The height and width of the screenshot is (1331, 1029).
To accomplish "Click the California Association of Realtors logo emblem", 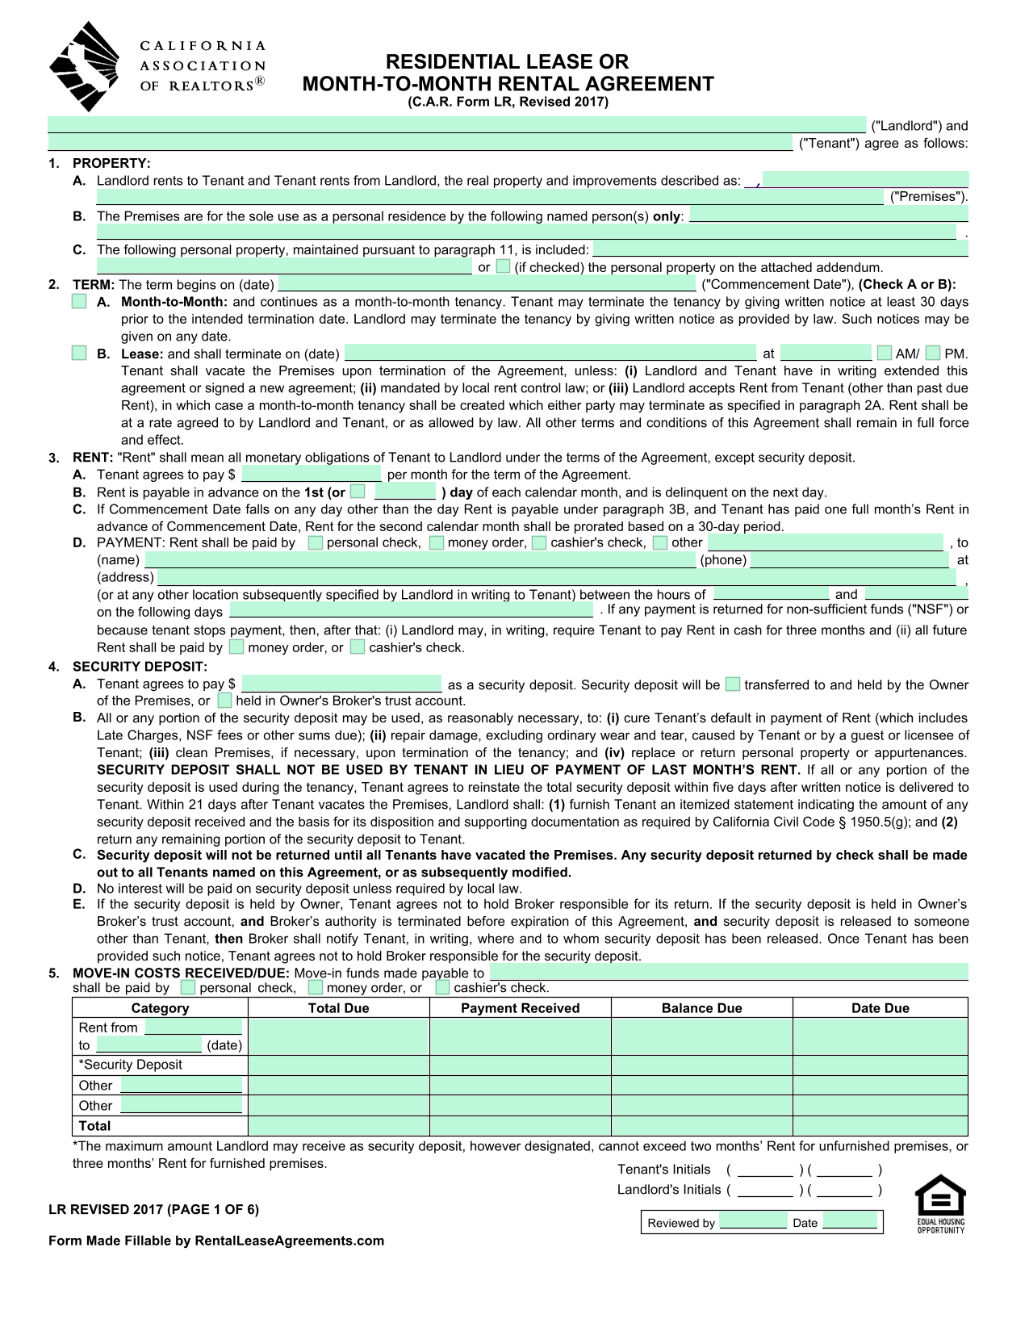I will coord(83,65).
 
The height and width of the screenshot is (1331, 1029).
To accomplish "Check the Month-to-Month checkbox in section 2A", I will coord(79,302).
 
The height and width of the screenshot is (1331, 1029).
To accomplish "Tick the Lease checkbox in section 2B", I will coord(79,354).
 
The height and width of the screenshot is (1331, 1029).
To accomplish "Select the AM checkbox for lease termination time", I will coord(885,353).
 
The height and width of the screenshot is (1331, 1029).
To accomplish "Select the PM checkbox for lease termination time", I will coord(933,353).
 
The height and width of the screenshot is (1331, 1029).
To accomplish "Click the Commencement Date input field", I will coord(487,284).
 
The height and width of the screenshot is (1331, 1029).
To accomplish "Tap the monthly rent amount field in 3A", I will coord(311,474).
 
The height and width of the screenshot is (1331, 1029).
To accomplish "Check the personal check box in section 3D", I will coord(316,542).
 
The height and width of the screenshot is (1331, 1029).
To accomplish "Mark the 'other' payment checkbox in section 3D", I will coord(660,542).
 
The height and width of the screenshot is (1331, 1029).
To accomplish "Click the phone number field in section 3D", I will coord(849,559).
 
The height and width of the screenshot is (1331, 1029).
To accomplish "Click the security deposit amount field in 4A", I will coord(341,684).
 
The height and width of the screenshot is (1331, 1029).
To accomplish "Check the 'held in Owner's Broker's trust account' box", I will coord(225,701).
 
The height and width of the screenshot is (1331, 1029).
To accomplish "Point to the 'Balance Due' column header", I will coord(701,1008).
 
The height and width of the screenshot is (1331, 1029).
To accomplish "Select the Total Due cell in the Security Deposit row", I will coord(338,1065).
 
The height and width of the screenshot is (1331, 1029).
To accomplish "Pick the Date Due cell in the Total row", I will coord(880,1125).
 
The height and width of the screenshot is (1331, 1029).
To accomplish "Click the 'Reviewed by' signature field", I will coord(752,1221).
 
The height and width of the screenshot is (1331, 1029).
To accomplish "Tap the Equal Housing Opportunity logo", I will coord(940,1203).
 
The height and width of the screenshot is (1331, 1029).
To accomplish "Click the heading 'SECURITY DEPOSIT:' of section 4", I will coord(140,666).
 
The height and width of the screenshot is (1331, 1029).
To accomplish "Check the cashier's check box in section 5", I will coord(442,987).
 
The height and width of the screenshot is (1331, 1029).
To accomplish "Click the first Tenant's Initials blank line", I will coord(765,1170).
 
